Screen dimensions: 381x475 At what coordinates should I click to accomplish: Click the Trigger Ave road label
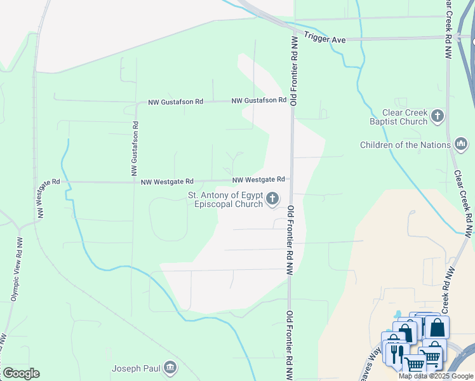[x=324, y=39]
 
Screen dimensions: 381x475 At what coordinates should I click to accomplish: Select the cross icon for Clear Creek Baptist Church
[x=437, y=116]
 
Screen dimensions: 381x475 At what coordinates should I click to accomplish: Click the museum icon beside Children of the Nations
[x=461, y=145]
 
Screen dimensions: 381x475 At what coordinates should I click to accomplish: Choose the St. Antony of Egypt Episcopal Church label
[x=225, y=199]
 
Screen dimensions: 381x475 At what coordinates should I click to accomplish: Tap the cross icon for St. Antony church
[x=272, y=199]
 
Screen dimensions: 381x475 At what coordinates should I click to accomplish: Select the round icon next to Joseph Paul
[x=170, y=368]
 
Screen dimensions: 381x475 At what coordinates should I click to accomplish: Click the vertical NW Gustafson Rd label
[x=135, y=145]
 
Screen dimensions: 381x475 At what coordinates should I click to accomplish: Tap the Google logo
[x=21, y=373]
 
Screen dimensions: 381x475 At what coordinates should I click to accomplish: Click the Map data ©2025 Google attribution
[x=436, y=376]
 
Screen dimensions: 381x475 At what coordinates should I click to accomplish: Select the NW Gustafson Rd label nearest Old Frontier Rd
[x=258, y=100]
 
